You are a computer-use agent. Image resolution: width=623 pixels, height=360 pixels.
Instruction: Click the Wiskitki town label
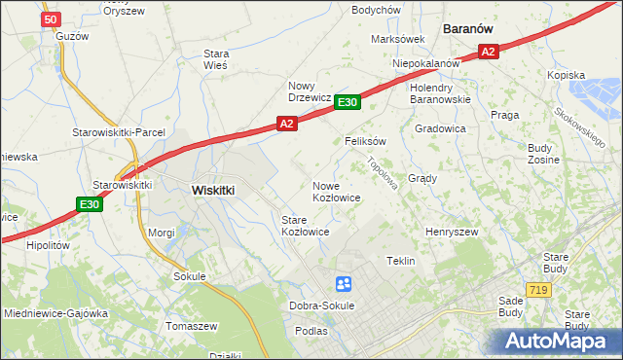pyautogui.click(x=213, y=191)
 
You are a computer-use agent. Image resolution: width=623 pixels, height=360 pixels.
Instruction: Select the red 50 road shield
pyautogui.click(x=53, y=18)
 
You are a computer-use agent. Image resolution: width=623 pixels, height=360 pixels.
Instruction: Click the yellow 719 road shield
pyautogui.click(x=537, y=290)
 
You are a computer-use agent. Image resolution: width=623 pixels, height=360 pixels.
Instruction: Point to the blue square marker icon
pyautogui.click(x=344, y=284)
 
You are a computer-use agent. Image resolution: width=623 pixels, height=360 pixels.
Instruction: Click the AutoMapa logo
pyautogui.click(x=558, y=342)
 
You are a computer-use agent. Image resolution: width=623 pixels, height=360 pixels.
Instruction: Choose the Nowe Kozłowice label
pyautogui.click(x=337, y=192)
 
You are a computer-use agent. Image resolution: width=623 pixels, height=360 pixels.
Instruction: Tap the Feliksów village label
pyautogui.click(x=366, y=141)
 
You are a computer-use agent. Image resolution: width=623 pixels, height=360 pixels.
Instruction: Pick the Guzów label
pyautogui.click(x=73, y=36)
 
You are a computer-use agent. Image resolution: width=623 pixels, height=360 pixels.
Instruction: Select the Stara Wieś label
pyautogui.click(x=215, y=59)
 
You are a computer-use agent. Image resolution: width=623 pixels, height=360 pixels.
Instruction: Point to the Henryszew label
pyautogui.click(x=452, y=232)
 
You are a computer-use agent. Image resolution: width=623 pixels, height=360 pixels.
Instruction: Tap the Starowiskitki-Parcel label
pyautogui.click(x=119, y=132)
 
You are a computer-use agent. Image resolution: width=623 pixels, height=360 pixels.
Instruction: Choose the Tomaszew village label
pyautogui.click(x=192, y=325)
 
